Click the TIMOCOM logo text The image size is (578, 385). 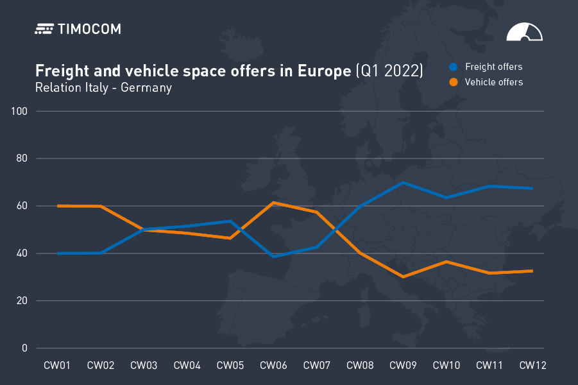(89, 29)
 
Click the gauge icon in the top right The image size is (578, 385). (524, 33)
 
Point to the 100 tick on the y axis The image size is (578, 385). (19, 112)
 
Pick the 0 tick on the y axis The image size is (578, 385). (24, 348)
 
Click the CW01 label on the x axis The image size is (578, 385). (57, 366)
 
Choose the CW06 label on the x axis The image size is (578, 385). (273, 366)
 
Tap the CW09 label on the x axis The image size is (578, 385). (403, 366)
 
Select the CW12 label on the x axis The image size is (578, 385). (532, 366)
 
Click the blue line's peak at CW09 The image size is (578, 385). (403, 182)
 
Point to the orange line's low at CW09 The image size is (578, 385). (403, 277)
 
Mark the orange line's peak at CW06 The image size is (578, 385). (273, 203)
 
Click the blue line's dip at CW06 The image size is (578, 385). (273, 257)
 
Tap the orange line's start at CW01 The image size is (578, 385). (58, 206)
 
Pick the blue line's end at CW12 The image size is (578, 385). (532, 188)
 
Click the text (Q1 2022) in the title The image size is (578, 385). (389, 71)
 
